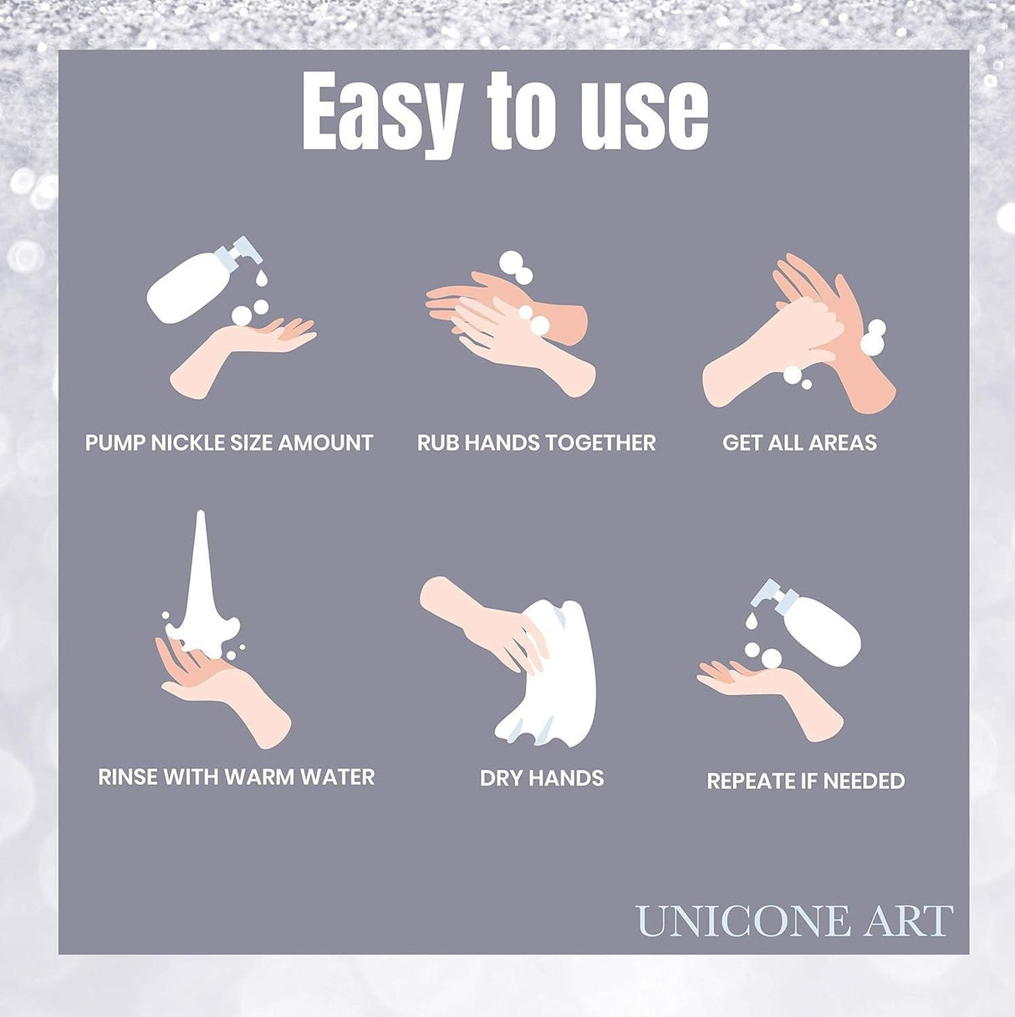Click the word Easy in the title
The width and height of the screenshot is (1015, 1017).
pos(381,111)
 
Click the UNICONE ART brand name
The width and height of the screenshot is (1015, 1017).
pos(793,921)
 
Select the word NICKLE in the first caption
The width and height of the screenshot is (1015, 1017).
pos(188,442)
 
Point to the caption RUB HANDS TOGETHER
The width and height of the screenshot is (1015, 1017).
pos(536,442)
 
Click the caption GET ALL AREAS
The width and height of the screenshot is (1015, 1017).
pos(799,442)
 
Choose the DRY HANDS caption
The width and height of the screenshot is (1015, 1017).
pos(541,778)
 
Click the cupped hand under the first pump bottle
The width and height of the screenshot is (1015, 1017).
pos(242,351)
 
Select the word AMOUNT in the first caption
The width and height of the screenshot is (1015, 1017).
pos(325,442)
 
